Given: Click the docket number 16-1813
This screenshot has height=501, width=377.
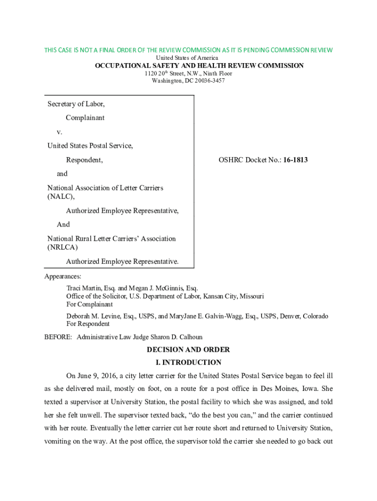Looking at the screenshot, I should click(x=294, y=160).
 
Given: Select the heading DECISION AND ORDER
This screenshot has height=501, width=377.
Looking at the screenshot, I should click(x=188, y=350).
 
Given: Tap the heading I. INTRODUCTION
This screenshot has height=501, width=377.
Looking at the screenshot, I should click(x=188, y=363).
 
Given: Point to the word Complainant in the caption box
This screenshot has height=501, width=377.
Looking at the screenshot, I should click(x=85, y=118).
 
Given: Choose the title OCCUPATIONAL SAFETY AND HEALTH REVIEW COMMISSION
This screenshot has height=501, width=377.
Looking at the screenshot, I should click(x=199, y=66).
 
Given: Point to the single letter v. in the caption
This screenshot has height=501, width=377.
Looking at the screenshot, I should click(x=60, y=132).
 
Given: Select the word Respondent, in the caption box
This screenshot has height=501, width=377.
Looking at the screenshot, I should click(x=84, y=160).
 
